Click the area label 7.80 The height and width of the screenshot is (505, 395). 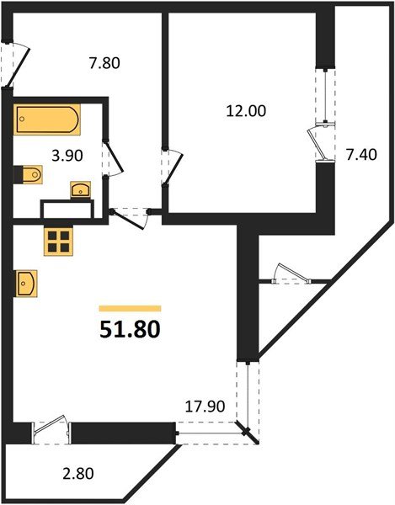point(104,61)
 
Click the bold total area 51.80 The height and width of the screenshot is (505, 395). point(130,328)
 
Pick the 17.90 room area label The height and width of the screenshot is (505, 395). point(204,405)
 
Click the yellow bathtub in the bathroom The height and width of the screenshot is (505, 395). point(47,119)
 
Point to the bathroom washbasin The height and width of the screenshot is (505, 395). point(81,189)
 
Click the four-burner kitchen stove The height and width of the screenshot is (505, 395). point(59,242)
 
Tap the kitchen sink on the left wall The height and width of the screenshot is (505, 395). point(24,282)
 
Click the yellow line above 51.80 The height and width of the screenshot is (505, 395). point(130,308)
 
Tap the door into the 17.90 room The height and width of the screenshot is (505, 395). point(131,215)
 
